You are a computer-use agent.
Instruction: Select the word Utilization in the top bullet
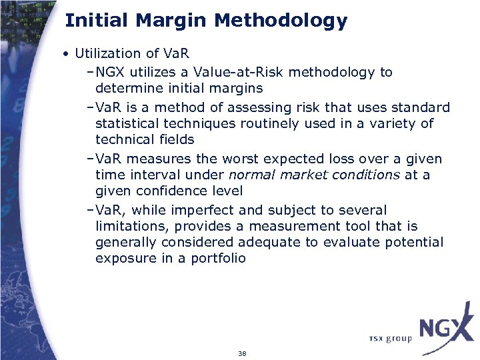pos(108,53)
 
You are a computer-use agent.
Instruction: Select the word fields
pos(176,139)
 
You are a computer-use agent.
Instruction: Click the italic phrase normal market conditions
pos(314,175)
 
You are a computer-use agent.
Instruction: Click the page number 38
pos(241,353)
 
